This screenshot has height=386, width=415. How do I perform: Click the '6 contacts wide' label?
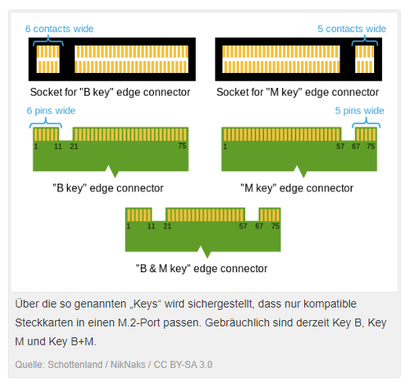(59, 29)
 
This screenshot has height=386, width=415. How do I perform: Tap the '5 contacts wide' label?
(352, 29)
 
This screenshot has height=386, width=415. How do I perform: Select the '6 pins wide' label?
(51, 111)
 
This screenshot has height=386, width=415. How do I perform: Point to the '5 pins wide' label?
(359, 111)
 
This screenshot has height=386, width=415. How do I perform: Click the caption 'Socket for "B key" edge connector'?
(110, 93)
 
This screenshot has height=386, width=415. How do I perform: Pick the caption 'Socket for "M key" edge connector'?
(297, 93)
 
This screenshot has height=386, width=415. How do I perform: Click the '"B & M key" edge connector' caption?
(202, 268)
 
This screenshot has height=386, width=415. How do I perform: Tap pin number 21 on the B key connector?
(74, 147)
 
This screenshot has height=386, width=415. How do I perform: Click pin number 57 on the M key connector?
(340, 147)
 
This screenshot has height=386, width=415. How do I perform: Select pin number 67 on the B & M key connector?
(259, 226)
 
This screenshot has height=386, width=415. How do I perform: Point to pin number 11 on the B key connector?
(58, 147)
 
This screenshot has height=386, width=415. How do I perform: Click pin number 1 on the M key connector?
(225, 147)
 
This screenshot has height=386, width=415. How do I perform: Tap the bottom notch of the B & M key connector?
(204, 252)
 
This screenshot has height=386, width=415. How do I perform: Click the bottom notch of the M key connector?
(301, 172)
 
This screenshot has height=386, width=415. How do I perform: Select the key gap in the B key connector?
(66, 134)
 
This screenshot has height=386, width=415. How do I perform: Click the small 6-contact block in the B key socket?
(48, 59)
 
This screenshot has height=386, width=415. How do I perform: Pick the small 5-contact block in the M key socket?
(365, 59)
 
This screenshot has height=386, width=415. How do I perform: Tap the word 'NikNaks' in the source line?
(128, 365)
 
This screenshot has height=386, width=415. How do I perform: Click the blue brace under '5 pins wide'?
(366, 123)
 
